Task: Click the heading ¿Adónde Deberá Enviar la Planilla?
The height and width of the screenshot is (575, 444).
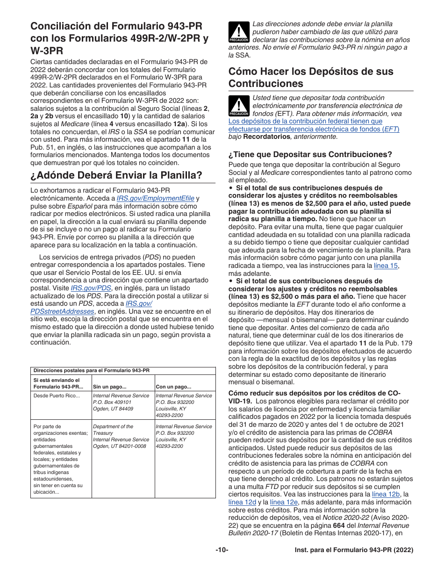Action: [116, 175]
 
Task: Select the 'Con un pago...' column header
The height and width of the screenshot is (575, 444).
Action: [173, 387]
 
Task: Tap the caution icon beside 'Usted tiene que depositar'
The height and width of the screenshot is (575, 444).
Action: [238, 106]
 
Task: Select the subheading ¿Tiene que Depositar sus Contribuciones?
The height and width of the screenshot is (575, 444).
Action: [310, 155]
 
